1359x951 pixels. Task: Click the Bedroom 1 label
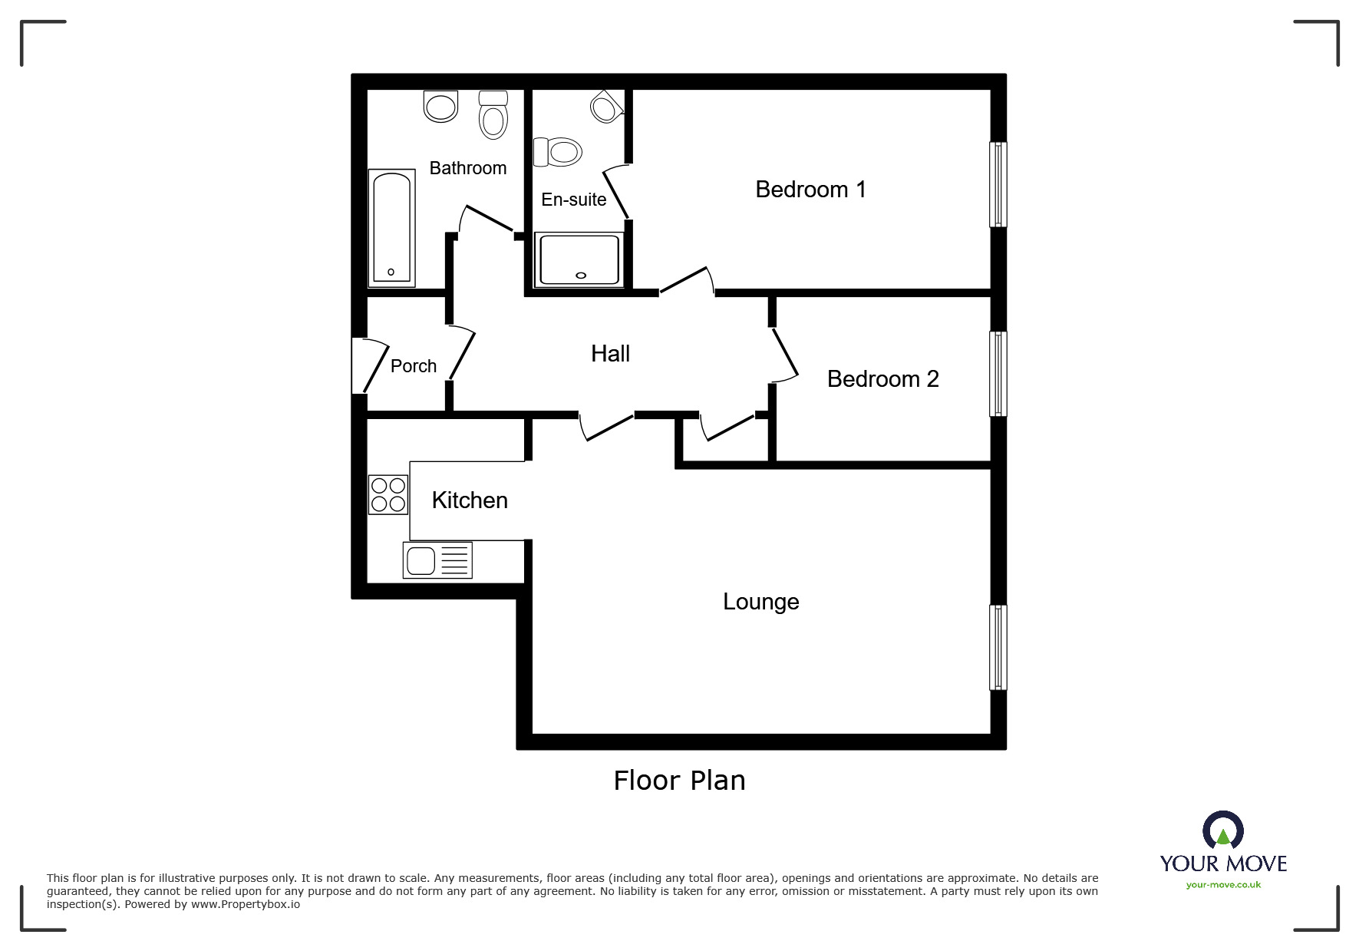coord(810,190)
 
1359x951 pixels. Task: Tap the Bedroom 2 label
coord(882,379)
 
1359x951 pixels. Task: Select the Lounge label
coord(760,602)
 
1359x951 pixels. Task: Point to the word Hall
coord(610,354)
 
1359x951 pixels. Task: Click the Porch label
coord(413,366)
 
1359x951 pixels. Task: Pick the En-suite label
coord(573,200)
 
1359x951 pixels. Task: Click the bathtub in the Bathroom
coord(392,227)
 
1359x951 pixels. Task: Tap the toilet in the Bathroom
coord(493,114)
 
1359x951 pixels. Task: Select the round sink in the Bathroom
coord(440,106)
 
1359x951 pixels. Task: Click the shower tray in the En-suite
coord(579,259)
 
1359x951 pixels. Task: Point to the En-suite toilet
coord(557,151)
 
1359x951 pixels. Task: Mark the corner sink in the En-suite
coord(606,107)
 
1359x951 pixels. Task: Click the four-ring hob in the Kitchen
coord(388,494)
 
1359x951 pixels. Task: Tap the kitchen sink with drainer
coord(437,560)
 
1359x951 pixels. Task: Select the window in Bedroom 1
coord(998,184)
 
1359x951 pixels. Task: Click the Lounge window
coord(998,647)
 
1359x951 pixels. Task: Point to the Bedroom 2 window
coord(998,374)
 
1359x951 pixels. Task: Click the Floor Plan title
coord(679,781)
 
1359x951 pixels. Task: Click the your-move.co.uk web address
coord(1223,885)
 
